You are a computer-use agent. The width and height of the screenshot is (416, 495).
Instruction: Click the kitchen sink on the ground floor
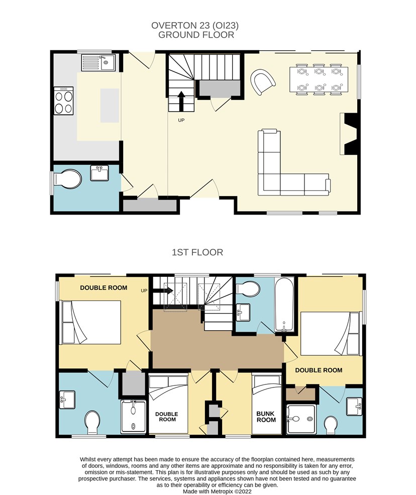[x=98, y=62]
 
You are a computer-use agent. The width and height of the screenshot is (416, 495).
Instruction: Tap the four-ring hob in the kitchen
[x=63, y=101]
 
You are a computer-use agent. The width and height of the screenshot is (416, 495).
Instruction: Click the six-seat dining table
[x=319, y=79]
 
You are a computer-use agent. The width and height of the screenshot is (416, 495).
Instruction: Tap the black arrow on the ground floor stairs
[x=181, y=101]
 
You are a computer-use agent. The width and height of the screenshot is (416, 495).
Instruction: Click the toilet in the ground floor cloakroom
[x=67, y=179]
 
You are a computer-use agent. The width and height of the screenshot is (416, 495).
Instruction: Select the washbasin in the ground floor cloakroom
[x=99, y=173]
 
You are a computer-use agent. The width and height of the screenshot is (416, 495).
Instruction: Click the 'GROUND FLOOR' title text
[x=196, y=35]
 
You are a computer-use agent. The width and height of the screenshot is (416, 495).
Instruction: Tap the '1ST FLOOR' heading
[x=197, y=252]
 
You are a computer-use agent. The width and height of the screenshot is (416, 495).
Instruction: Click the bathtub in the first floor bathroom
[x=284, y=305]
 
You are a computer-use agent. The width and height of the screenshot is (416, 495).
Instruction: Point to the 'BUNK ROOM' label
[x=266, y=417]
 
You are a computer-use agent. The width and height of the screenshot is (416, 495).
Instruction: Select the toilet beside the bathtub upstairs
[x=248, y=289]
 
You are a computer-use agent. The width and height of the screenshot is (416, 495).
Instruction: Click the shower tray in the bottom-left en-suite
[x=133, y=417]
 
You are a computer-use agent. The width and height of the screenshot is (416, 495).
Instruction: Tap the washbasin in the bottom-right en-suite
[x=354, y=407]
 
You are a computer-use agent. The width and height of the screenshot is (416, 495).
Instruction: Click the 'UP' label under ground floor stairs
[x=181, y=120]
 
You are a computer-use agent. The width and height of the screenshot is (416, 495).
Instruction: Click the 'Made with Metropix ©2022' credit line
[x=217, y=491]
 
